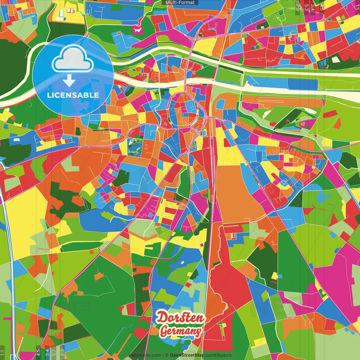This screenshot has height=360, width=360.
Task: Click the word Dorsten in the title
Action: [x=180, y=318]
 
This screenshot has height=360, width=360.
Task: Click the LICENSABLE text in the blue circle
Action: [x=73, y=95]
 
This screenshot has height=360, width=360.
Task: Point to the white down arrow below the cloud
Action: [x=69, y=80]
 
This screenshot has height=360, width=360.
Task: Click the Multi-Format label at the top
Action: [x=180, y=3]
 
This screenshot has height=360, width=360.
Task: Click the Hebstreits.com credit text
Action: [x=145, y=355]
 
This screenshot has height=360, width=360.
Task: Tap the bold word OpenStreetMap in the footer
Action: [x=187, y=355]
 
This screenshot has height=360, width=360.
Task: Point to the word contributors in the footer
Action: [x=219, y=355]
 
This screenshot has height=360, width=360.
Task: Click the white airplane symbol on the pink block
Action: [x=137, y=30]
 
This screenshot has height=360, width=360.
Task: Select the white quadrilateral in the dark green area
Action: [x=336, y=60]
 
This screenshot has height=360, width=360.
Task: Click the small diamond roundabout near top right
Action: [x=324, y=19]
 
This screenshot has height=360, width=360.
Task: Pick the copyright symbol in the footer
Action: [x=166, y=355]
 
